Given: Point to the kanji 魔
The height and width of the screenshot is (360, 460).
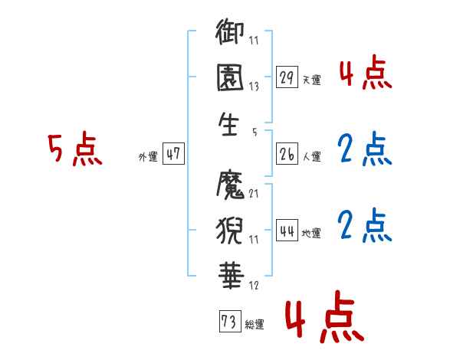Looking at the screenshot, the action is (231, 183).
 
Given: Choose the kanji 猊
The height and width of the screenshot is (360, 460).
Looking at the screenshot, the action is (231, 228).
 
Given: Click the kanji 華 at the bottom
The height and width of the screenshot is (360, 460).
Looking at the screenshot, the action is (231, 273).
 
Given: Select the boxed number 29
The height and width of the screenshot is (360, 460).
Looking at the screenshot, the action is (287, 77).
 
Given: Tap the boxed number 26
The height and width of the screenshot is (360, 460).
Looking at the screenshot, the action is (287, 155).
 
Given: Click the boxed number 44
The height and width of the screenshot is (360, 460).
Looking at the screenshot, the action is (287, 231).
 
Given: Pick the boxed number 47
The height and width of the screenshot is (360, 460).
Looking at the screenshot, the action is (173, 155).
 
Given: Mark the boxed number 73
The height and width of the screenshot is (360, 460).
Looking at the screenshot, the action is (228, 322).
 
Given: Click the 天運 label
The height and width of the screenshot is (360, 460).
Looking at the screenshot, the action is (311, 80).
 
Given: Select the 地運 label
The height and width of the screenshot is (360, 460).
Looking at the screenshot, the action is (311, 234).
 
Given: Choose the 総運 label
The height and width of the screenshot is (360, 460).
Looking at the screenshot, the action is (255, 325).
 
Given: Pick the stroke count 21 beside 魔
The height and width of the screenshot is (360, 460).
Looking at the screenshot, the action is (255, 193).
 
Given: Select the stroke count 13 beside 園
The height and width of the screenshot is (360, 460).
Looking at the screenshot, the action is (255, 87).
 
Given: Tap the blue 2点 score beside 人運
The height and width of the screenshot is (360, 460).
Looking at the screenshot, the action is (365, 149).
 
